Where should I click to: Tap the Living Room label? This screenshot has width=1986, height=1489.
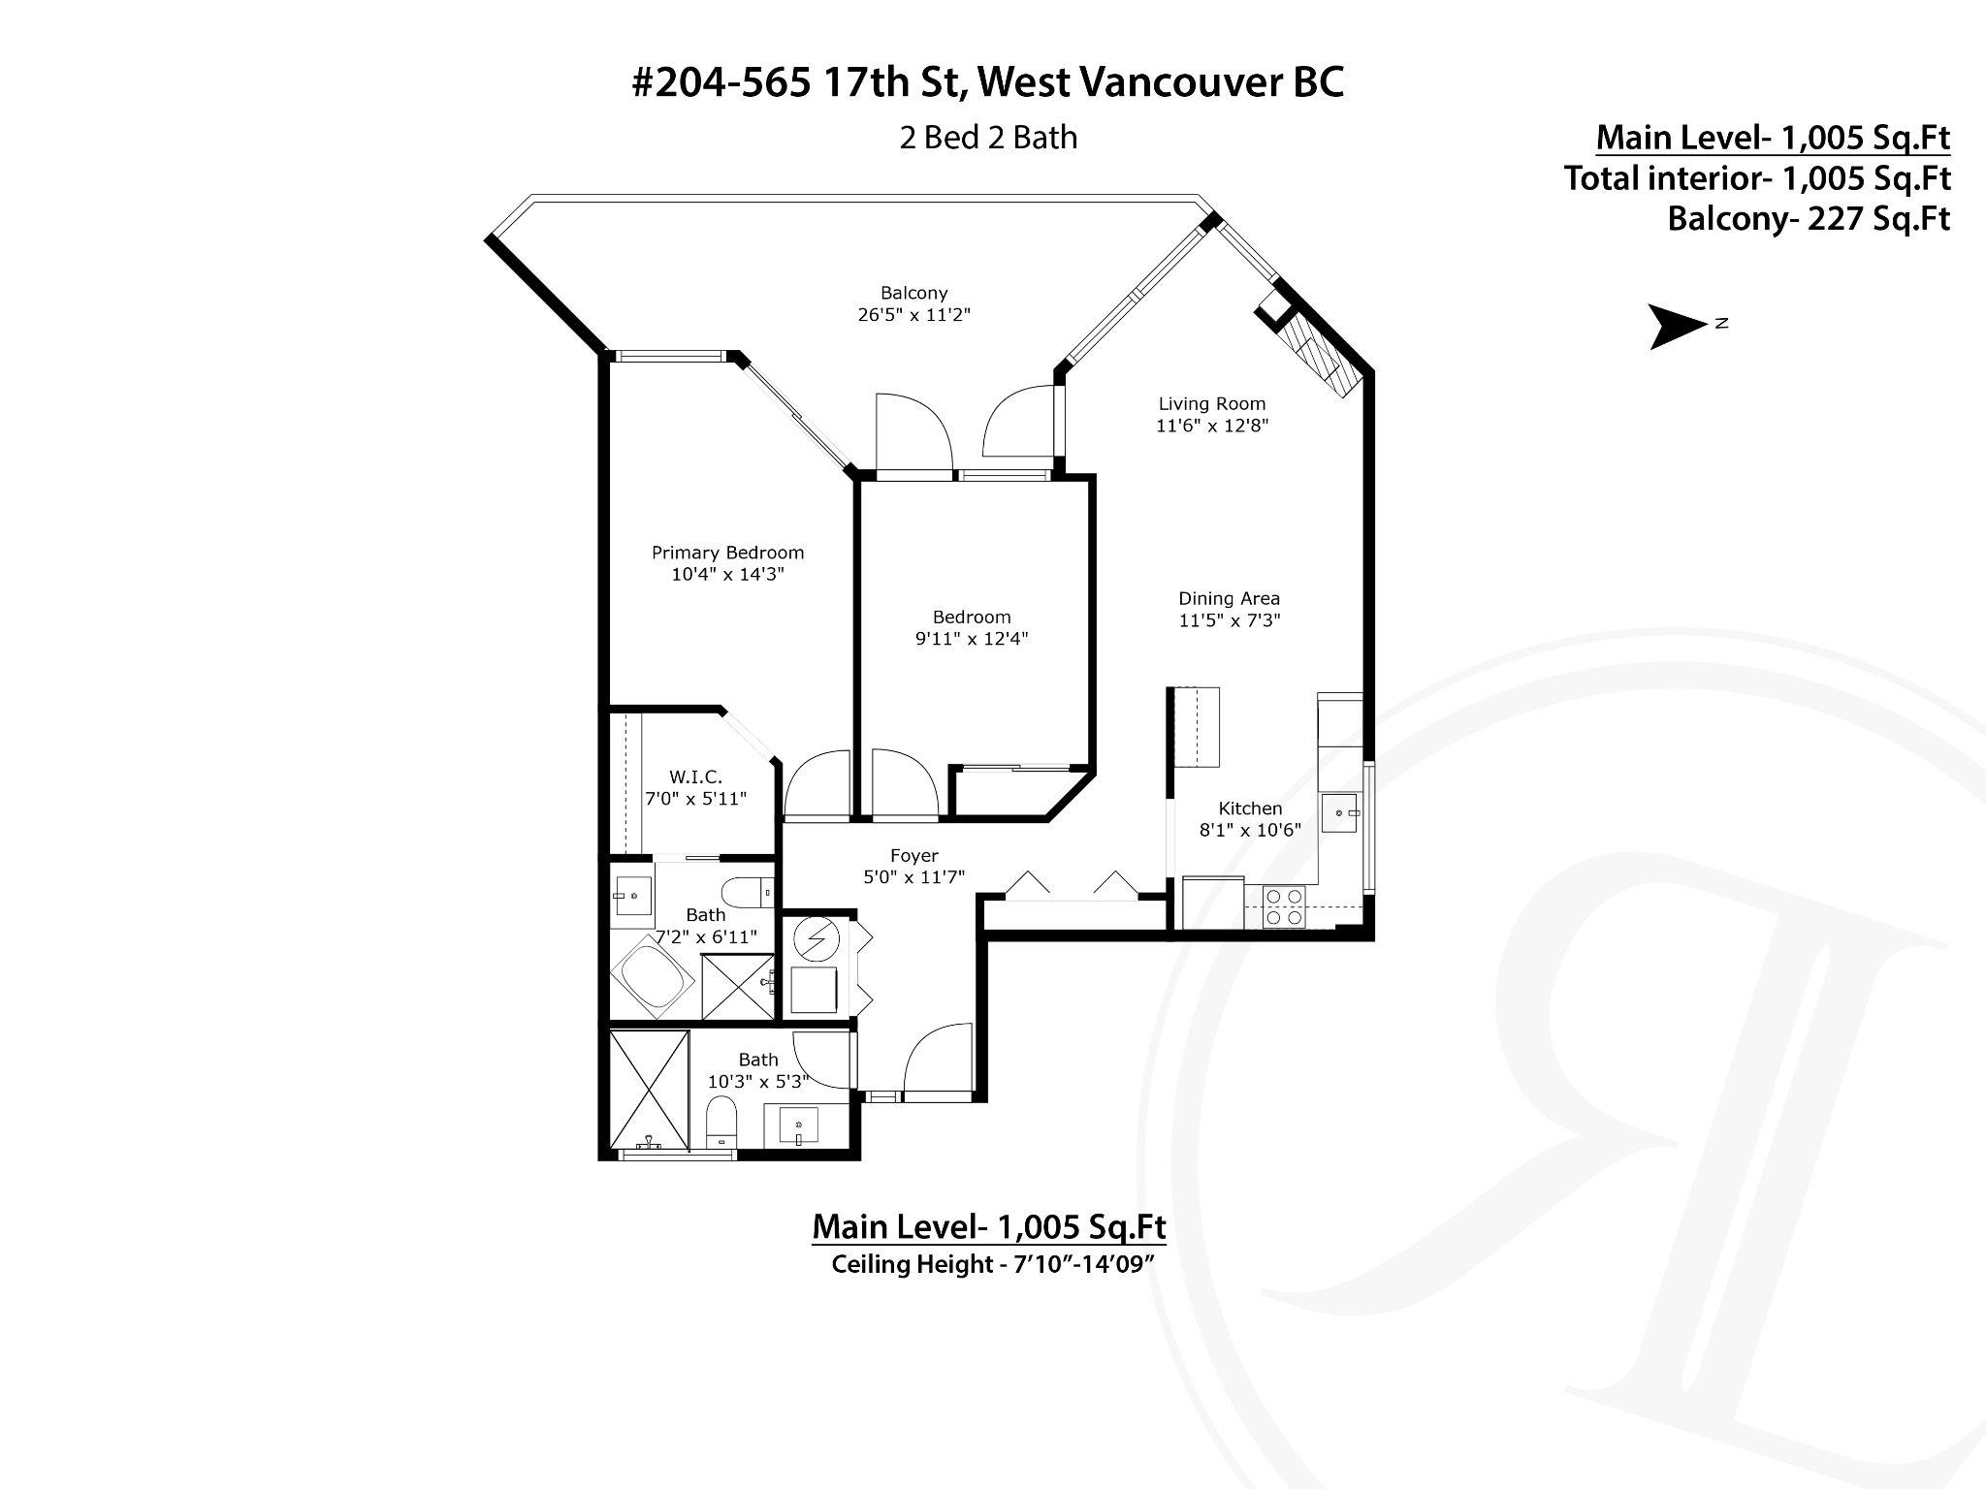tap(1212, 403)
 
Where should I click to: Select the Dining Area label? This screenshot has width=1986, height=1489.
tap(1230, 598)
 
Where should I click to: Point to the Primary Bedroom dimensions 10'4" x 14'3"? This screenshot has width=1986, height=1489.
tap(727, 574)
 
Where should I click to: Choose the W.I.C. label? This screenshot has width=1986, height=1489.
tap(695, 776)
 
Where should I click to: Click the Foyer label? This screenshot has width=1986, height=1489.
tap(913, 856)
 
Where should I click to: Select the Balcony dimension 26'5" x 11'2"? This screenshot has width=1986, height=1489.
tap(913, 314)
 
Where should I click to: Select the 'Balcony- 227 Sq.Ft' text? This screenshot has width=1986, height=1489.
tap(1809, 219)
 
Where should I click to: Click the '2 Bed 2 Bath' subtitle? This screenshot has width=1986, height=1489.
tap(988, 138)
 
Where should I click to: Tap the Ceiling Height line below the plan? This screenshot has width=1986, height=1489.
tap(989, 1264)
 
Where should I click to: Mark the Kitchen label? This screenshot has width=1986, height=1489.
tap(1250, 808)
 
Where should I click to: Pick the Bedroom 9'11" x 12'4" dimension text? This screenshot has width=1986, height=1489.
tap(972, 638)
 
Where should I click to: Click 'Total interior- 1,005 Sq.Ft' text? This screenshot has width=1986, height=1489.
tap(1757, 178)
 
